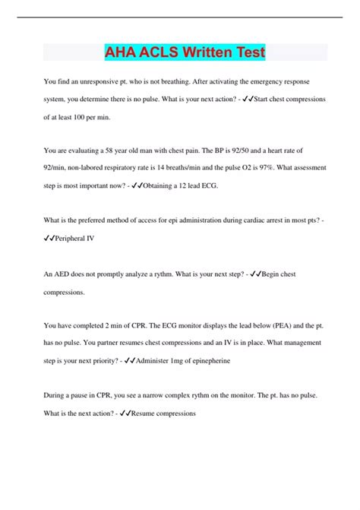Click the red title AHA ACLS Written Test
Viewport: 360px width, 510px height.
(x=185, y=53)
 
